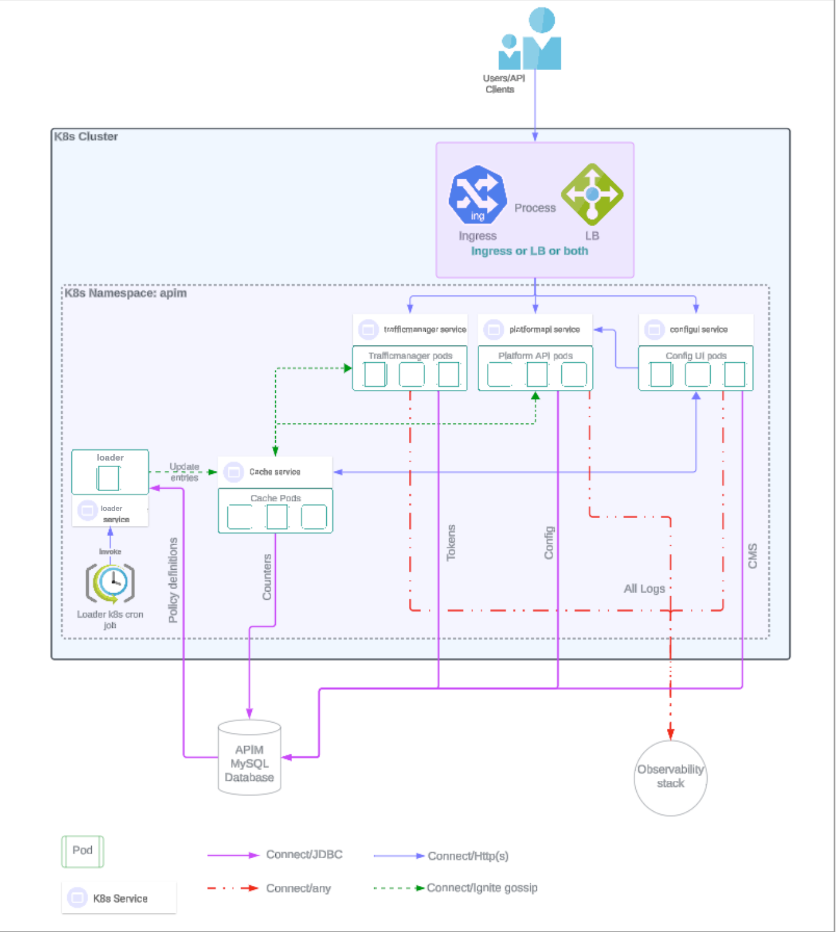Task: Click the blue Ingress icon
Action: click(477, 194)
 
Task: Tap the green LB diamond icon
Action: click(592, 194)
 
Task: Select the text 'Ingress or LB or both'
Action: click(530, 251)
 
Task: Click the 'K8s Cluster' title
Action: click(86, 137)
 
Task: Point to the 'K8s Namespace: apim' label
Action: click(125, 293)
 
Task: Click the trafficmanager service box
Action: click(410, 329)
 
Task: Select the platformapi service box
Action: click(535, 329)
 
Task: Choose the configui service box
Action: click(696, 329)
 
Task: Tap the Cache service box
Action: click(275, 472)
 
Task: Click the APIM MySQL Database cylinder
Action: click(249, 759)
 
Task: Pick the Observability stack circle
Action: click(670, 777)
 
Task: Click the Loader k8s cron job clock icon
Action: click(110, 582)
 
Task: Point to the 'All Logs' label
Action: click(644, 589)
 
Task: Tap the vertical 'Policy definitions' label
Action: click(173, 580)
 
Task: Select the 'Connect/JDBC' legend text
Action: click(304, 855)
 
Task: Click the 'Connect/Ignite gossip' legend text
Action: click(482, 888)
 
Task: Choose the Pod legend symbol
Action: click(83, 851)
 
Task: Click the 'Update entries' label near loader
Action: click(184, 472)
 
